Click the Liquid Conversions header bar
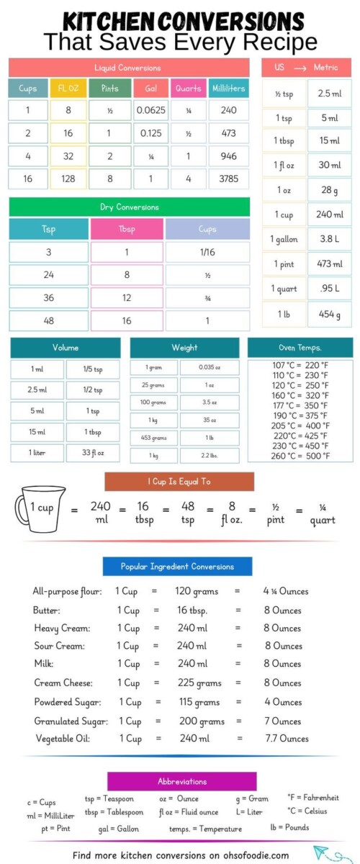tap(127, 68)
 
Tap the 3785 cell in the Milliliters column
tap(229, 179)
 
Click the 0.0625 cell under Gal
tap(151, 111)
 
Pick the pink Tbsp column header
tap(126, 229)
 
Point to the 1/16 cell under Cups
tap(207, 252)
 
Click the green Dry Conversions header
tap(129, 207)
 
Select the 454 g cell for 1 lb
tap(330, 315)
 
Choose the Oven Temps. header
tap(300, 348)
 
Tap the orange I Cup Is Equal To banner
tap(179, 482)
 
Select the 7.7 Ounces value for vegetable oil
tap(286, 738)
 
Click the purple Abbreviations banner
tap(181, 781)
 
